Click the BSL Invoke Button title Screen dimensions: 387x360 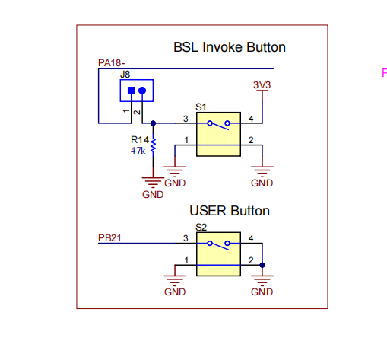(x=230, y=47)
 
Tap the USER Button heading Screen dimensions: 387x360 (x=230, y=211)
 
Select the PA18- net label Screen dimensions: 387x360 (x=111, y=63)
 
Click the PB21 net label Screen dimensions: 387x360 (x=109, y=238)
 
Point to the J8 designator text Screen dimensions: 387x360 (x=125, y=75)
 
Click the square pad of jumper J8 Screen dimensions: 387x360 (x=132, y=91)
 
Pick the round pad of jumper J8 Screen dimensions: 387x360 (x=142, y=91)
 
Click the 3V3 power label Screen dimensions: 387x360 (x=262, y=85)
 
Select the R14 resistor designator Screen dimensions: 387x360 (x=140, y=139)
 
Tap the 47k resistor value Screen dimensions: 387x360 (x=138, y=151)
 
